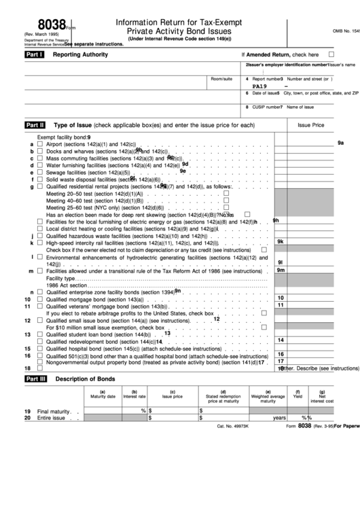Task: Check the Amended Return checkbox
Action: [x=331, y=54]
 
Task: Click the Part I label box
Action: [x=34, y=54]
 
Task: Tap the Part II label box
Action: [x=34, y=125]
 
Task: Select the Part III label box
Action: [x=34, y=378]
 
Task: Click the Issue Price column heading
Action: [x=310, y=126]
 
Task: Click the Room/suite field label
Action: [x=221, y=79]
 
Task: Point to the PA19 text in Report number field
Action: [x=259, y=86]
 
